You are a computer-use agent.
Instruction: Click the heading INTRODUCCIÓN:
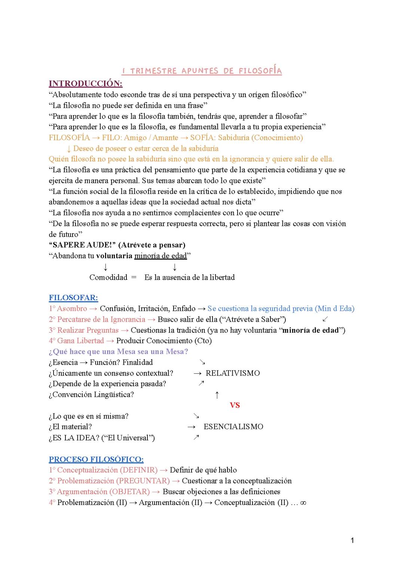pos(85,83)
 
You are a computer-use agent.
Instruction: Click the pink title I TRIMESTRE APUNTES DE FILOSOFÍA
pos(202,71)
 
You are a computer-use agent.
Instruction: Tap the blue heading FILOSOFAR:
pos(73,298)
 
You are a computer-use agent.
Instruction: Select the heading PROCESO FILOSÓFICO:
pos(96,459)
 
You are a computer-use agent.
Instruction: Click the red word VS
pos(235,405)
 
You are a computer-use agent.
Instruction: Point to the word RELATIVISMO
pos(233,373)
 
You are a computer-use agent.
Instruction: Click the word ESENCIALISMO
pos(233,427)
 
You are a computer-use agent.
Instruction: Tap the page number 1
pos(352,540)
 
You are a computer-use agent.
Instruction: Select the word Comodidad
pos(108,277)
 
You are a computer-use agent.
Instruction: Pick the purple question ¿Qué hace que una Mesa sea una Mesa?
pos(118,352)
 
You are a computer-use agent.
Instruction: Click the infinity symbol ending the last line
pos(303,503)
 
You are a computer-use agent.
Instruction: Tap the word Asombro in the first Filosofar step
pos(72,309)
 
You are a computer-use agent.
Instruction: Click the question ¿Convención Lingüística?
pos(91,395)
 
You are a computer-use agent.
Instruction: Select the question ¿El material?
pos(70,427)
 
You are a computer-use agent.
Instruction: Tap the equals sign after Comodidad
pos(134,277)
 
